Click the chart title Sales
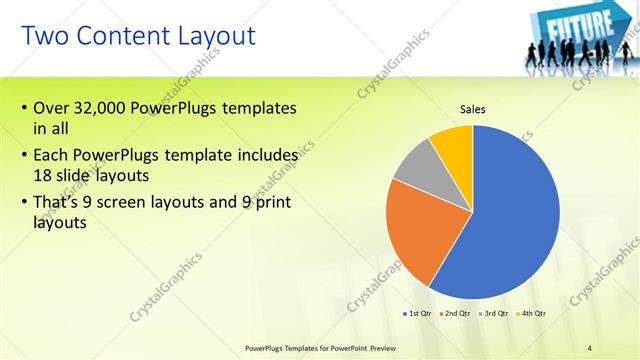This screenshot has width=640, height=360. (473, 109)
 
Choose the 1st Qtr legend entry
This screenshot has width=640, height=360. (417, 314)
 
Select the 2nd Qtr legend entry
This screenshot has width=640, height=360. (456, 314)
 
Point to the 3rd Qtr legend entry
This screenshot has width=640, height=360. (495, 314)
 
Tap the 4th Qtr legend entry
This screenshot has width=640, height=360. (532, 314)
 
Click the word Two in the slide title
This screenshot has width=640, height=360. (44, 37)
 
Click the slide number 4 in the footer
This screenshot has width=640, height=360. (590, 347)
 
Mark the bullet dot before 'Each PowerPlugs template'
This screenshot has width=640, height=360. (24, 156)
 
